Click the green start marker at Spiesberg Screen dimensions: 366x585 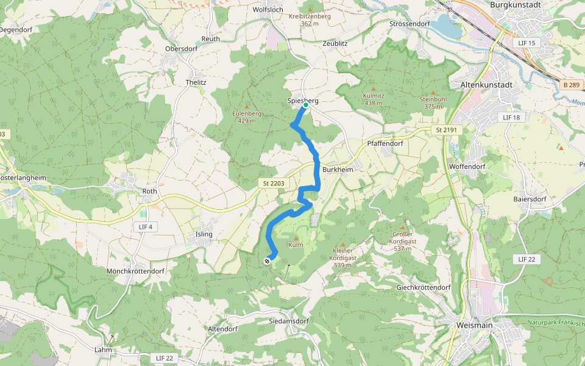(x=305, y=105)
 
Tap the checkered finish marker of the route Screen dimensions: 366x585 (x=267, y=262)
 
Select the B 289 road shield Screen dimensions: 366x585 (x=571, y=85)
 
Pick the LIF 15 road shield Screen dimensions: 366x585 (x=525, y=43)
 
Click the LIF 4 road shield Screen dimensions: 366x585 (x=145, y=227)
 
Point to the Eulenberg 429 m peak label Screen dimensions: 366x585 (x=246, y=117)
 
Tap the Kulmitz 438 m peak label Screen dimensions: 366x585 (x=373, y=99)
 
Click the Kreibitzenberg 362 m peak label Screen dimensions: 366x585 (x=310, y=20)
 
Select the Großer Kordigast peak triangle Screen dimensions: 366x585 (x=402, y=226)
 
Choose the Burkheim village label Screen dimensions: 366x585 (x=338, y=170)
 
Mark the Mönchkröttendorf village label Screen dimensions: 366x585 (x=135, y=271)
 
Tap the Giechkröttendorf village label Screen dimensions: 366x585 (x=423, y=287)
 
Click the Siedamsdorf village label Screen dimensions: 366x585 (x=289, y=321)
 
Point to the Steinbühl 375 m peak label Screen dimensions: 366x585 (x=433, y=102)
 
